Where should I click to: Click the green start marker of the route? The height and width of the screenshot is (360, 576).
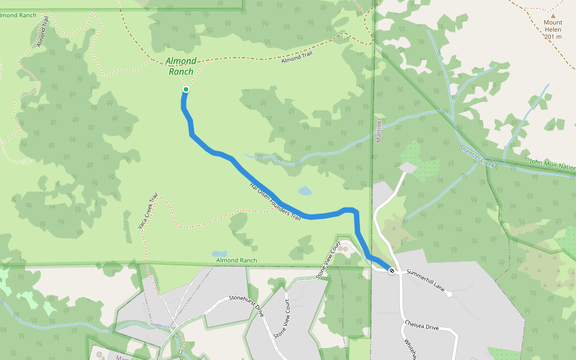coord(186,89)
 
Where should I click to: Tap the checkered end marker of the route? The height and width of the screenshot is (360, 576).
coord(391,271)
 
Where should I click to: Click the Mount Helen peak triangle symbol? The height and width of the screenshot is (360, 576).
coord(553,17)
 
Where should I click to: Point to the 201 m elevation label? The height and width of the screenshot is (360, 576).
coord(553,37)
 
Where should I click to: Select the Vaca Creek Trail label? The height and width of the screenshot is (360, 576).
coord(147,211)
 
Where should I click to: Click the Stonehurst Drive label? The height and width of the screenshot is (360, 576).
coord(246,305)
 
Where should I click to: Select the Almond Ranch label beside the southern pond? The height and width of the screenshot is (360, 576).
coord(236,260)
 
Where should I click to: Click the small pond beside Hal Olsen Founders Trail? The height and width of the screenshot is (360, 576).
coord(305,191)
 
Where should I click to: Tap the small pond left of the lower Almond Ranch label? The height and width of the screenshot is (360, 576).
coord(220,254)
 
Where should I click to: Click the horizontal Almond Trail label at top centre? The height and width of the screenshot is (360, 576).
coord(298,58)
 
